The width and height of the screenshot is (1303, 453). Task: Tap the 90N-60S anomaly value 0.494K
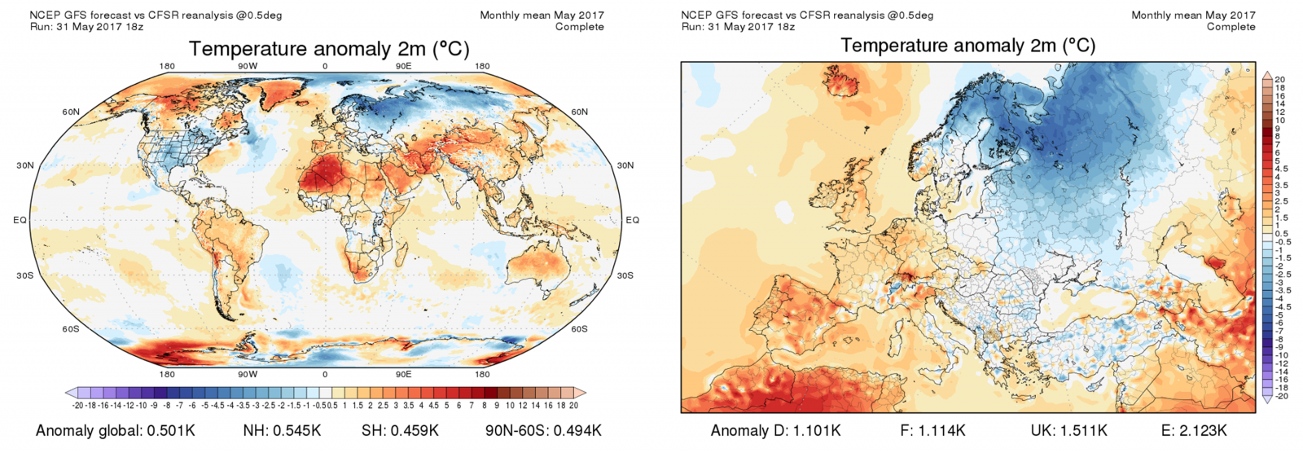pos(573,431)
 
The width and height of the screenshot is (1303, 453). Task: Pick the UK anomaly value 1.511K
pos(1082,431)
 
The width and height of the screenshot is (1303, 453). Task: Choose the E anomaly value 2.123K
pos(1201,431)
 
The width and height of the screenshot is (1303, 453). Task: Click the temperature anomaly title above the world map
pos(329,49)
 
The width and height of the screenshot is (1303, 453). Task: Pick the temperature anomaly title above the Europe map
pos(967,46)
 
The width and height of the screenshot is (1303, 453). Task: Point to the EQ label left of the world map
pos(20,220)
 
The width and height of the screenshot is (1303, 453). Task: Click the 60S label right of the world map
pos(579,329)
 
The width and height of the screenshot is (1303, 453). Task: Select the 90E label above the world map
pos(403,66)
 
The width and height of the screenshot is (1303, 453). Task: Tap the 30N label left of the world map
pos(25,165)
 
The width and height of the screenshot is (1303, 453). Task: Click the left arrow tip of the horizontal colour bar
pos(67,393)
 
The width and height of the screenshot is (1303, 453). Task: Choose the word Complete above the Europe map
pos(1231,27)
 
